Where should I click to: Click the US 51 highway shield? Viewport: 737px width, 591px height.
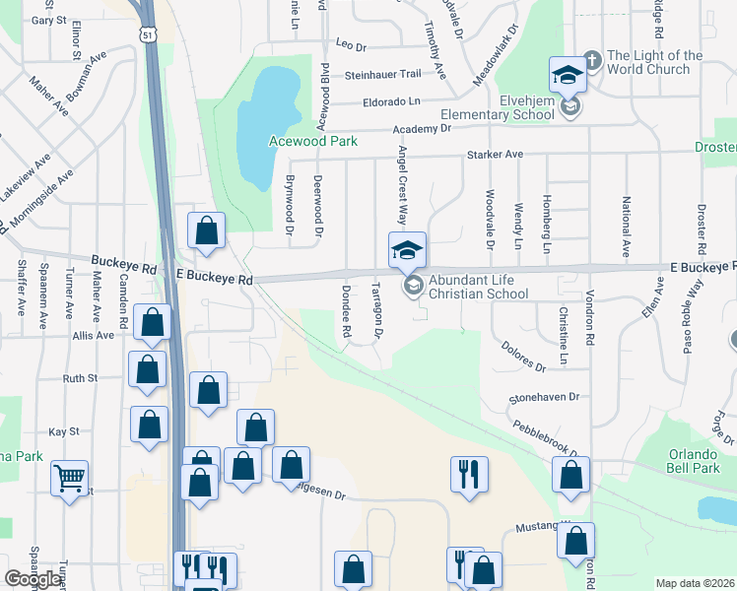tap(147, 34)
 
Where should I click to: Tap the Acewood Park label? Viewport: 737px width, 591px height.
tap(313, 141)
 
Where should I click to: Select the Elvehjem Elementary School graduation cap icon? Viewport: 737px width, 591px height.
tap(569, 74)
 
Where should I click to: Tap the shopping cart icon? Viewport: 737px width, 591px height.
tap(69, 479)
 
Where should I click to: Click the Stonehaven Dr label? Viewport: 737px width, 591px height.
tap(547, 398)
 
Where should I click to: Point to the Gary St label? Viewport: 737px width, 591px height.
tap(48, 20)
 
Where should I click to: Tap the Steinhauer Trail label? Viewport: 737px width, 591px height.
tap(382, 74)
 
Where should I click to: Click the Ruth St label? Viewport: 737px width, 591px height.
tap(80, 377)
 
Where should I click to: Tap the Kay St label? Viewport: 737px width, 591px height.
tap(63, 431)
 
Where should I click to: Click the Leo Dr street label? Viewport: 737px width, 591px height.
tap(351, 44)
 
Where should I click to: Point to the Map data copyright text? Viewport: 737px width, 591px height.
tap(696, 583)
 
